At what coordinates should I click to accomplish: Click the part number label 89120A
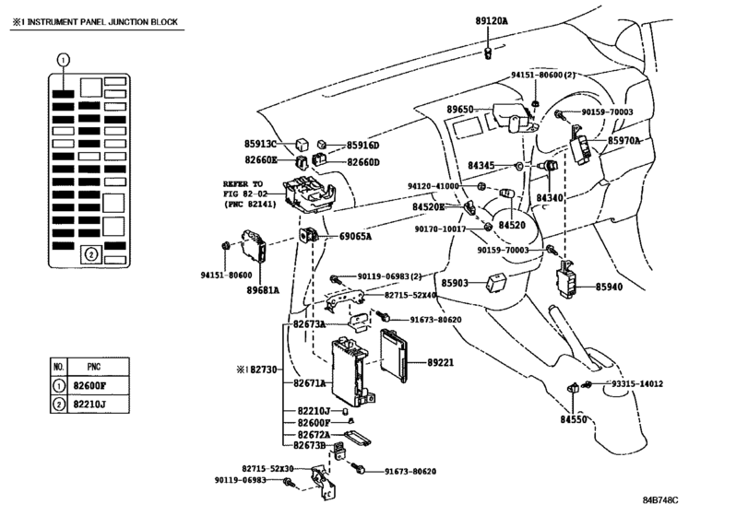[492, 21]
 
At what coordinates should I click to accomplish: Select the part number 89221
[440, 362]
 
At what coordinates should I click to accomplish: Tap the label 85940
[609, 287]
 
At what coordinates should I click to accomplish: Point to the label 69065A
[355, 236]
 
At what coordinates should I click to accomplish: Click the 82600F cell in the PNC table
[89, 385]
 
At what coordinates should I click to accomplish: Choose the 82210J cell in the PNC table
[89, 405]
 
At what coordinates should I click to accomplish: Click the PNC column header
[94, 367]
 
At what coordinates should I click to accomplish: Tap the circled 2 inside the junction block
[91, 254]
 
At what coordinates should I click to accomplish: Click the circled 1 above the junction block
[63, 60]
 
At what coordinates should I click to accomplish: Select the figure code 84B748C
[660, 499]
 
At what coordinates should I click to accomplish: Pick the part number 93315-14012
[636, 383]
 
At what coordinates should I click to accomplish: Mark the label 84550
[574, 420]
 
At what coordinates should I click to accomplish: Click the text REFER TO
[243, 184]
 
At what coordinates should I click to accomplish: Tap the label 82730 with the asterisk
[256, 369]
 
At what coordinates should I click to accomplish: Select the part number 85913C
[260, 144]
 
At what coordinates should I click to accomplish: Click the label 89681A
[263, 289]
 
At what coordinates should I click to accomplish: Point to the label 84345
[481, 165]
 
